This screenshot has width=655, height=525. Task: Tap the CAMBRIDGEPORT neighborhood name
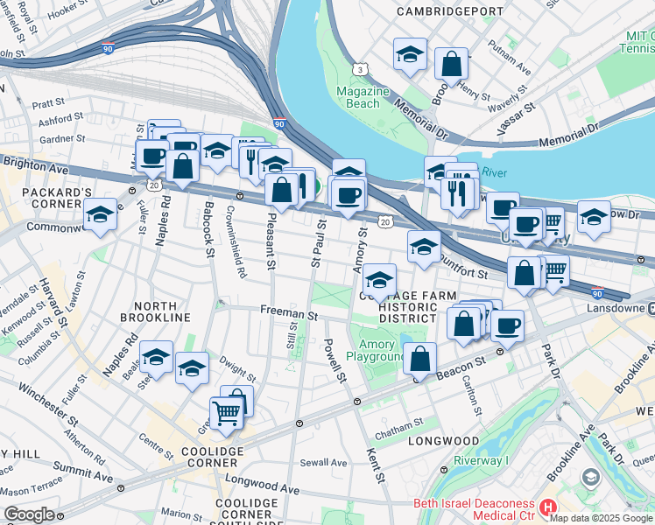click(441, 11)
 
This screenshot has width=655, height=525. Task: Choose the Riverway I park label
click(481, 461)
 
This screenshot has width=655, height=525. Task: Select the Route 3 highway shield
click(359, 68)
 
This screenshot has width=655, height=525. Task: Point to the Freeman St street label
click(287, 312)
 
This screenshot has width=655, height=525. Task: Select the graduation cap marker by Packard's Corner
click(101, 214)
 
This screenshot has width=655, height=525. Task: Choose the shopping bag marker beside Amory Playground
click(420, 358)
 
